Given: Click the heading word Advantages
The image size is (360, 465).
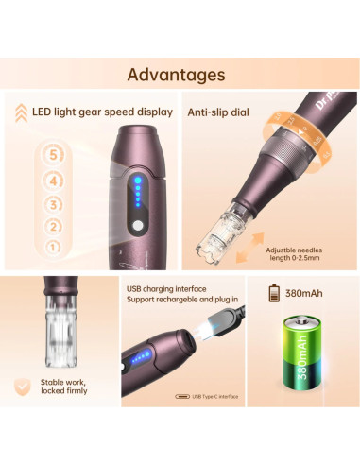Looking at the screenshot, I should click(x=176, y=75).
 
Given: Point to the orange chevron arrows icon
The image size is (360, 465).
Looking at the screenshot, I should click(x=20, y=112).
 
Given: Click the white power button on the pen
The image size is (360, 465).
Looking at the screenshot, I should click(x=135, y=227).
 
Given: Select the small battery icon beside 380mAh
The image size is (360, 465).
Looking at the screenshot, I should click(x=275, y=294).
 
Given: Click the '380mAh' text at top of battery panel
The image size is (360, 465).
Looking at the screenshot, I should click(x=307, y=294).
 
